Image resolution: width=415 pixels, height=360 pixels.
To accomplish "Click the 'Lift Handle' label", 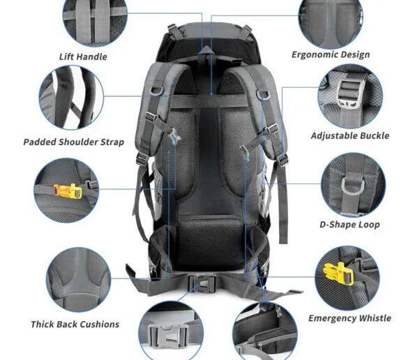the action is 83,57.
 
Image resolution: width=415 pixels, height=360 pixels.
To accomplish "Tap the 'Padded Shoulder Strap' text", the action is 74,142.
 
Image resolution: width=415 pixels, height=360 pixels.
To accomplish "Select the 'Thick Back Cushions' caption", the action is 75,324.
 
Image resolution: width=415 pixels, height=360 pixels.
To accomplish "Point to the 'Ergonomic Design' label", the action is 331,55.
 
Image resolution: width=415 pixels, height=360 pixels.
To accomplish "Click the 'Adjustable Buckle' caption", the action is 350,136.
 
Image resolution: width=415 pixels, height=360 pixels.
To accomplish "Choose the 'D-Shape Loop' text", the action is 349,225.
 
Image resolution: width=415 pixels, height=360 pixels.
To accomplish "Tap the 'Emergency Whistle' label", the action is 349,318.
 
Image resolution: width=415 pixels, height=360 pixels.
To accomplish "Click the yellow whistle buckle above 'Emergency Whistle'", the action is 338,274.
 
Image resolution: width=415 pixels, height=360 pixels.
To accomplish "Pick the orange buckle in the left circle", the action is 68,190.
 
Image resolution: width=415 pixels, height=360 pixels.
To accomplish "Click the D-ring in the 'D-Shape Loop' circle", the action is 353,186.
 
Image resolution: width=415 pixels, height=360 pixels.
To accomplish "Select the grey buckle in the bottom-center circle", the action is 168,336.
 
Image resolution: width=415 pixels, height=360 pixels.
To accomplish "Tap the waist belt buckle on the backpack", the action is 202,283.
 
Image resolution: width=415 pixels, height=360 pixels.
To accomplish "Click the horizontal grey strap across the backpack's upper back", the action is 209,101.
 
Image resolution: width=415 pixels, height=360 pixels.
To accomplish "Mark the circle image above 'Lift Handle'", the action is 95,22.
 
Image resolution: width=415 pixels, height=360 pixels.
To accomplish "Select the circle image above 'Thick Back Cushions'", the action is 79,280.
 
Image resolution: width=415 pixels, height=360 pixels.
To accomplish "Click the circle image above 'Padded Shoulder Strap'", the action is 71,98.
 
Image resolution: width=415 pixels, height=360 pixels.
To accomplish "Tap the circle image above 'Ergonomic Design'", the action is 331,22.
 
